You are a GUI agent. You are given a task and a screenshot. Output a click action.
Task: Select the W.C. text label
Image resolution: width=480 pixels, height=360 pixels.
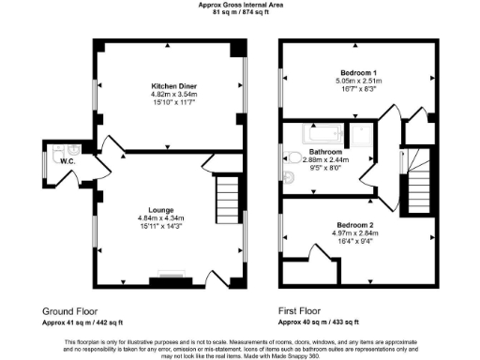67,161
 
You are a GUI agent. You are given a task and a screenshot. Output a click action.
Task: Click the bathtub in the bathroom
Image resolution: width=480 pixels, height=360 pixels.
318,134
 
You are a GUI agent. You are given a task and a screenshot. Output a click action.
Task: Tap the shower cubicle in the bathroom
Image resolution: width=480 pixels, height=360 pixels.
358,134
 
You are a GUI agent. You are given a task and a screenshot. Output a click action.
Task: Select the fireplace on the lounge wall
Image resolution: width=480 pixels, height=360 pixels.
172,277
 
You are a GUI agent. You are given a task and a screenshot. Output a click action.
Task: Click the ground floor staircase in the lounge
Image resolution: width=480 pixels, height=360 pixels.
229,197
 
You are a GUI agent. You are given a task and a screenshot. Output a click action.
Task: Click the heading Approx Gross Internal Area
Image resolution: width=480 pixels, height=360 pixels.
240,5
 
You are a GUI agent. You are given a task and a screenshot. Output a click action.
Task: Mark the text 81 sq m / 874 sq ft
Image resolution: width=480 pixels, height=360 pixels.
240,13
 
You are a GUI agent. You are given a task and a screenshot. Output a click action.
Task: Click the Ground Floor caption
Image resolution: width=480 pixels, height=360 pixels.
71,310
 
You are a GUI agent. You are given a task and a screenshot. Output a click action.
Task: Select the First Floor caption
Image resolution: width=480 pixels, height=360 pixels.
301,310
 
